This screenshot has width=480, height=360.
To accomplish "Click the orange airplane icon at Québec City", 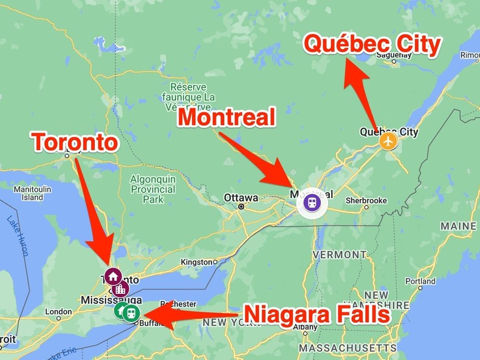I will (x=388, y=141).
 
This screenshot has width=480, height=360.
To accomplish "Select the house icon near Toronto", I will (x=112, y=277).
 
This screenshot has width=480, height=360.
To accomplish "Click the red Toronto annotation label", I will (x=75, y=143).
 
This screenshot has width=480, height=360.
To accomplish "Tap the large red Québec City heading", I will (x=372, y=46).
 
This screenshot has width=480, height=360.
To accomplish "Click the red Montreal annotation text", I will (x=226, y=118).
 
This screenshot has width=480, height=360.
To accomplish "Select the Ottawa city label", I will (x=241, y=198).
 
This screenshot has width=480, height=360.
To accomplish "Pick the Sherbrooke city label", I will (x=366, y=200).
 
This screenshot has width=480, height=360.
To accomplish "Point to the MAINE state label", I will (x=459, y=226).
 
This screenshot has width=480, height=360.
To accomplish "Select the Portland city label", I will (x=420, y=281).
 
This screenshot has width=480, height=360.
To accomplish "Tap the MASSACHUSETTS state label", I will (x=347, y=348).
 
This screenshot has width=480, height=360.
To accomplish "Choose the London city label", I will (x=58, y=312).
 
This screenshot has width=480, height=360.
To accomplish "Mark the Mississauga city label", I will (x=111, y=300).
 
